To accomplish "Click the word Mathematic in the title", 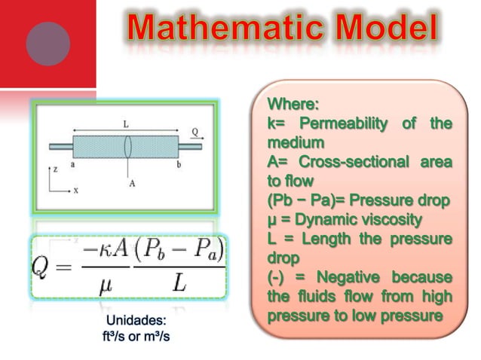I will click(219, 29).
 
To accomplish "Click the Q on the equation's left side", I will click(46, 268).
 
